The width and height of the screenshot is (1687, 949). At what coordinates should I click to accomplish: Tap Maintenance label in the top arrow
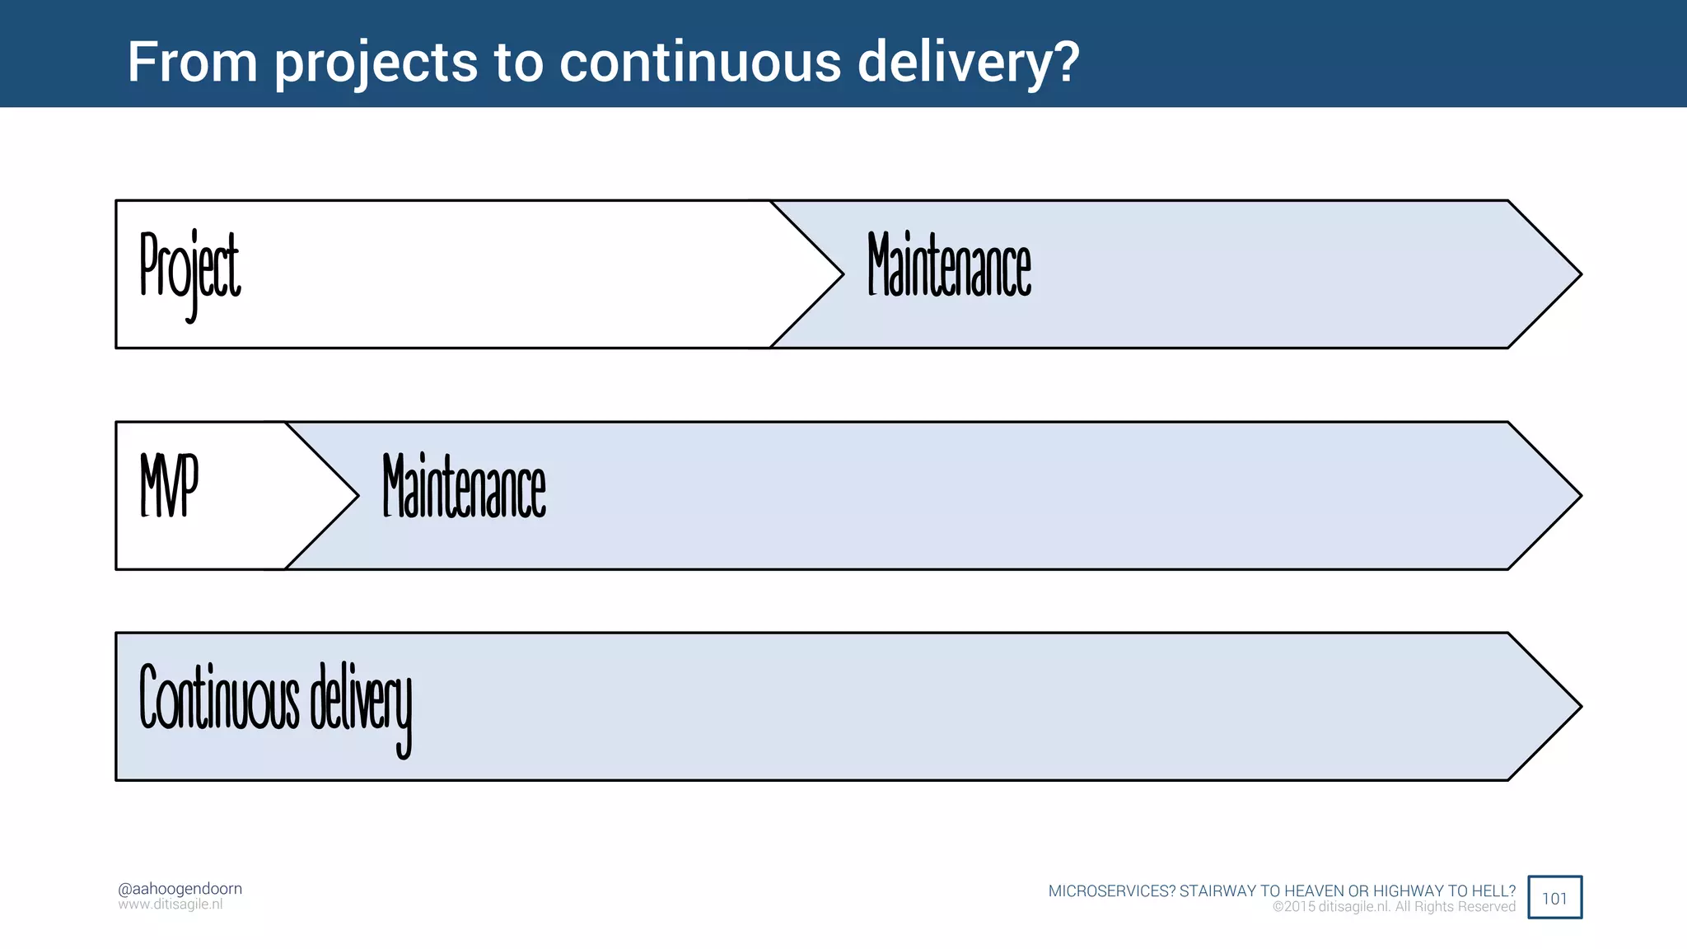tap(949, 265)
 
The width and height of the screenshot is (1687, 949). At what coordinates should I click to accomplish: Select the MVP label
tap(169, 486)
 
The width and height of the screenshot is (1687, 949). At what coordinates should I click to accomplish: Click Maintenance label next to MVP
tap(464, 487)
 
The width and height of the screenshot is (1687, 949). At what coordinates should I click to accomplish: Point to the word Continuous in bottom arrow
tap(218, 699)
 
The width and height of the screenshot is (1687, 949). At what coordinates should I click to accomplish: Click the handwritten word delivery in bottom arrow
tap(361, 704)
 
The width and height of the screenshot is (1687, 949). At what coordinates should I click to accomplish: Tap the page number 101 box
tap(1554, 898)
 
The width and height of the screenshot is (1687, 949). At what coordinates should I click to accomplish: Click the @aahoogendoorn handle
tap(180, 889)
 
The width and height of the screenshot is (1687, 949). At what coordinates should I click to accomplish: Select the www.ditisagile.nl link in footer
tap(171, 905)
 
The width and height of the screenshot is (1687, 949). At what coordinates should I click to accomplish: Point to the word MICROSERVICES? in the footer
tap(1111, 891)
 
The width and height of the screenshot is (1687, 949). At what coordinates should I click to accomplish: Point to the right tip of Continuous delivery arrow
tap(1577, 707)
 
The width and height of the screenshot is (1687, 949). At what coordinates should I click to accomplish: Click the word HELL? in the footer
tap(1493, 891)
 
